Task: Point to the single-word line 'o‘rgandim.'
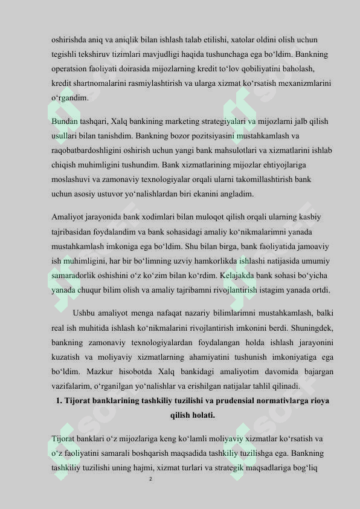[71, 97]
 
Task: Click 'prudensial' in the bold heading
[230, 401]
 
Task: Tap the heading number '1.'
[59, 401]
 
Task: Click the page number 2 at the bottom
[150, 479]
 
